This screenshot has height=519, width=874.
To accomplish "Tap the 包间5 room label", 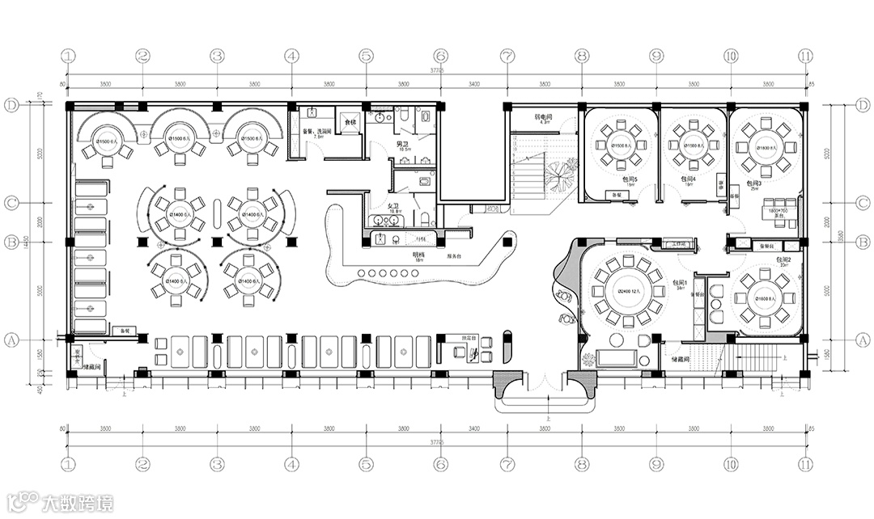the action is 630,179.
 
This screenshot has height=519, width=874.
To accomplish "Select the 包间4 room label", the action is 689,179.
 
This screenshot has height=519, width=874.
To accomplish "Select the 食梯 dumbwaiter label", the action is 350,122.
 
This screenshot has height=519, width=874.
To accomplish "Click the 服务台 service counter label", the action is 453,255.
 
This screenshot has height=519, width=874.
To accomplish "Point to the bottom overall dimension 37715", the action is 436,442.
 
